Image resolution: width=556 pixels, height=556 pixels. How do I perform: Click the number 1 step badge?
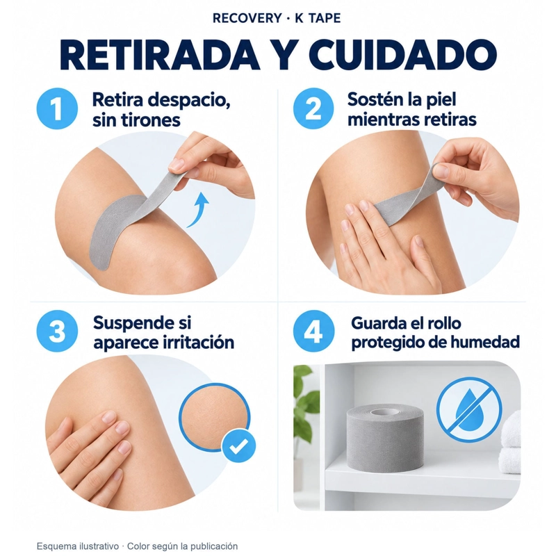click(x=57, y=108)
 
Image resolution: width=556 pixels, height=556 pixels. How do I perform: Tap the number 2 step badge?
click(x=313, y=108)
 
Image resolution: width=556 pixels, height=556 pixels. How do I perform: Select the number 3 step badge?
click(x=57, y=332)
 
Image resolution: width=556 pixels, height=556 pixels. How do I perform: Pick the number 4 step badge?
click(x=314, y=332)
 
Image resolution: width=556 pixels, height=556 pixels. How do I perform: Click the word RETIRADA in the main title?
click(x=160, y=55)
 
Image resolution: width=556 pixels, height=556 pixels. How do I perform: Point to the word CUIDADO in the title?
click(x=402, y=55)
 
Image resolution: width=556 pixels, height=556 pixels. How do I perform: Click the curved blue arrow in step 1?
click(x=199, y=209)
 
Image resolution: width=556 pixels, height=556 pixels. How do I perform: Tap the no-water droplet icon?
click(x=469, y=410)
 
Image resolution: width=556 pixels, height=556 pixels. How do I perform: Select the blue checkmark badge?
click(x=238, y=446)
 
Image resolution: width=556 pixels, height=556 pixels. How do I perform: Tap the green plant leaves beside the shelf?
click(x=306, y=397)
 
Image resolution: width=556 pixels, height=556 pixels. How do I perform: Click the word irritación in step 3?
click(x=199, y=343)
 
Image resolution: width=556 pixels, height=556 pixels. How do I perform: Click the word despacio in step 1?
click(x=188, y=101)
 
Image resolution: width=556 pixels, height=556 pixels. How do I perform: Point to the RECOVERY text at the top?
click(x=247, y=18)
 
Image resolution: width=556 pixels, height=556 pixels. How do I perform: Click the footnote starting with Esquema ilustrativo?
click(x=137, y=546)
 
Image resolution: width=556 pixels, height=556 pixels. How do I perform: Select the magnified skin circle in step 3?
click(x=214, y=417)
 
